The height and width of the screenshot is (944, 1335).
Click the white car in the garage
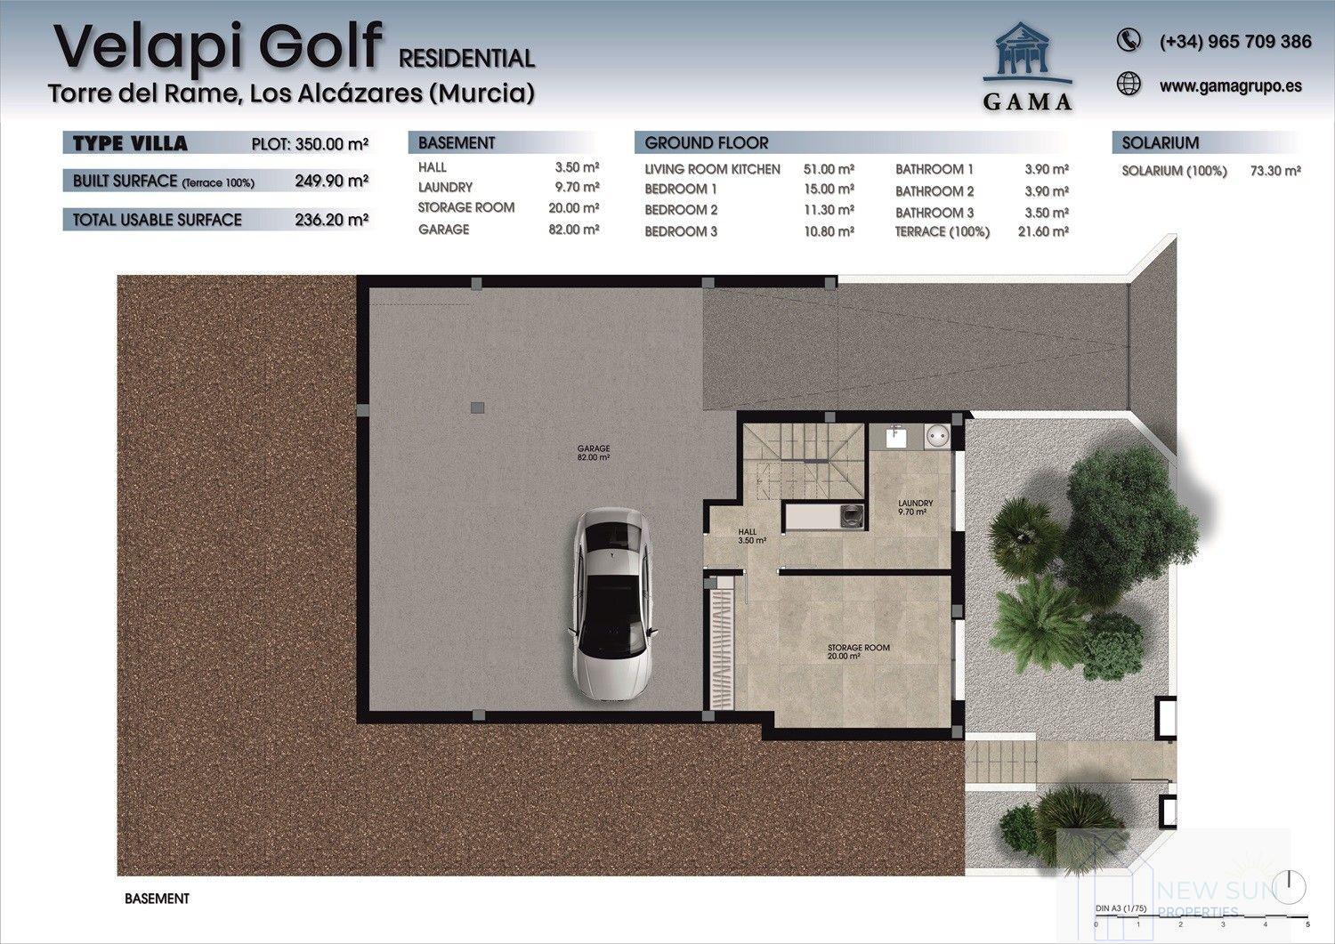pos(613,604)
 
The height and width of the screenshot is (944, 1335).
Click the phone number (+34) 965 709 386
pos(1234,41)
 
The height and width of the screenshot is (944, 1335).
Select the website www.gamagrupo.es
pos(1230,85)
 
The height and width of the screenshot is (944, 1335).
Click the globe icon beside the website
pos(1128,84)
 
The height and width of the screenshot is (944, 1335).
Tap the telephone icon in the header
pos(1128,40)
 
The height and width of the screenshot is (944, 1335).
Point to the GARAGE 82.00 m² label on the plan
pos(593,453)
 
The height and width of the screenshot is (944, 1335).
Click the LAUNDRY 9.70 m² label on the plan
pos(915,508)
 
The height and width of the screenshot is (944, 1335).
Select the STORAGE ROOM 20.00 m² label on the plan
pos(858,651)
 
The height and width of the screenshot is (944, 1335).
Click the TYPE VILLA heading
pos(130,143)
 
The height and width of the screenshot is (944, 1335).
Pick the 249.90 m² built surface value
pos(331,182)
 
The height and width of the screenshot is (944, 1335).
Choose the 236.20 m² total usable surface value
pos(331,220)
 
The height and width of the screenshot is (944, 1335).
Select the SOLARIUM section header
pos(1160,143)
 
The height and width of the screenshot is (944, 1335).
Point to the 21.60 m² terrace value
pos(1042,231)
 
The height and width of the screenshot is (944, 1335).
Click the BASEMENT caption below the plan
pos(157,899)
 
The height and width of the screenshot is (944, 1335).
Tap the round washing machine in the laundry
pos(935,436)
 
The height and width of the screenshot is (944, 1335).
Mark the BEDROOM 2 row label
pos(681,210)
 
